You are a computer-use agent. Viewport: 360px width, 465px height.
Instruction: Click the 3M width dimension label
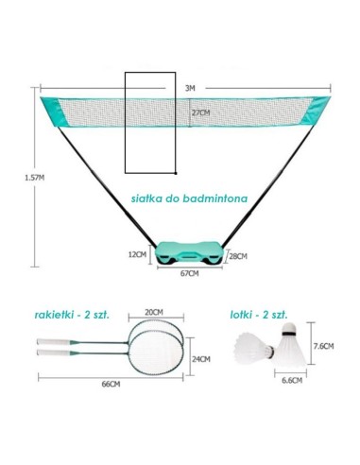[190, 88]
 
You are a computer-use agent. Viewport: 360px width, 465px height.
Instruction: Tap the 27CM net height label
[201, 112]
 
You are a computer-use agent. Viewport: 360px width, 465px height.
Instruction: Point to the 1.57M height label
[35, 178]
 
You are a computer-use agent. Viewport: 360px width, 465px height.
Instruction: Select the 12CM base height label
[137, 254]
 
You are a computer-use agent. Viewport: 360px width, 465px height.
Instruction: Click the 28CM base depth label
[238, 256]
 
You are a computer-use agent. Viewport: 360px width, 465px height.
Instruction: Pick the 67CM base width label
[189, 273]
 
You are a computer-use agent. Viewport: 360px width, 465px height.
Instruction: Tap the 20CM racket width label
[154, 312]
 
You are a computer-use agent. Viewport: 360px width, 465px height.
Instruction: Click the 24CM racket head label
[201, 359]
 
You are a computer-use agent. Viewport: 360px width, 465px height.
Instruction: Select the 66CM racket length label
[111, 384]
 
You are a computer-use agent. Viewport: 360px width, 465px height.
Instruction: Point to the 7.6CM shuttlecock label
[323, 346]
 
